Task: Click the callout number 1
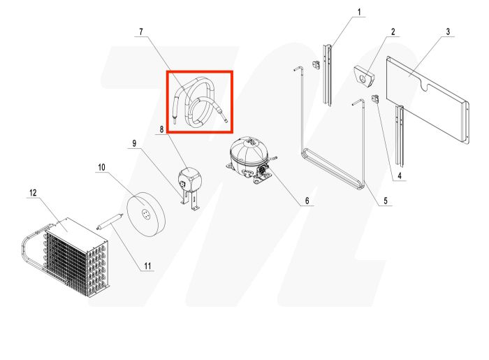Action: [x=360, y=12]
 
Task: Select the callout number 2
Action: [x=393, y=31]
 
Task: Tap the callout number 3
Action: [x=448, y=31]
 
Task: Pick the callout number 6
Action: [x=305, y=201]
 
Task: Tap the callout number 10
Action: [x=101, y=168]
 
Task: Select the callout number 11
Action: [x=147, y=266]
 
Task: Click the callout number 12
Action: [x=32, y=192]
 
